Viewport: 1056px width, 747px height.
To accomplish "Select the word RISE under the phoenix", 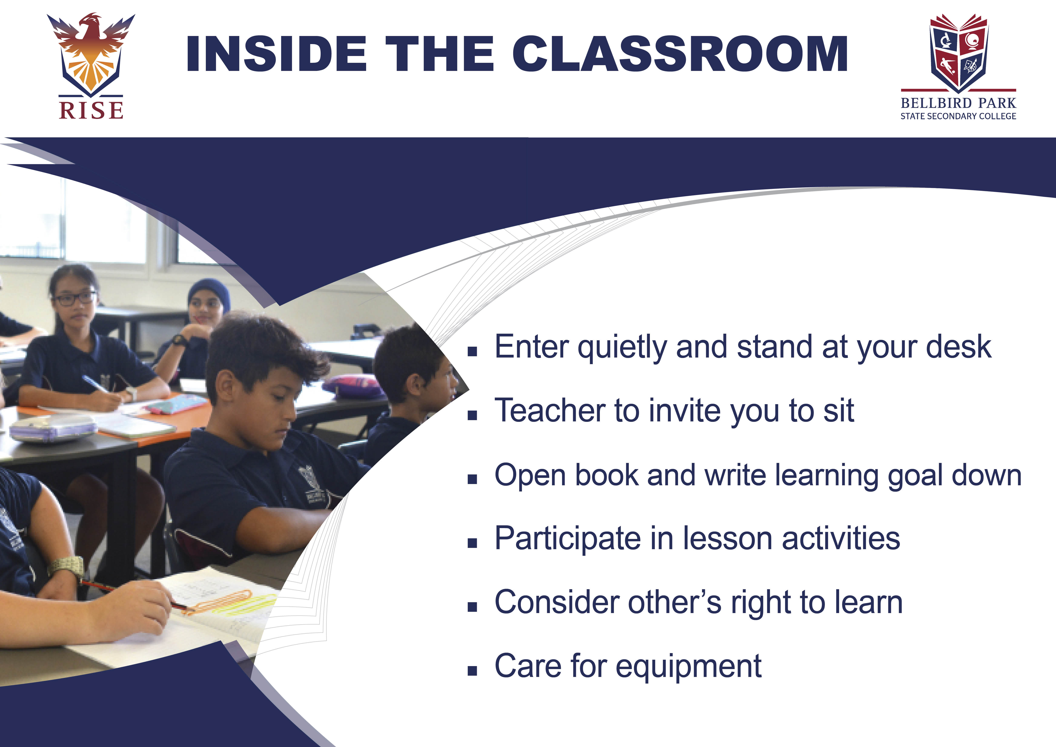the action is click(91, 110).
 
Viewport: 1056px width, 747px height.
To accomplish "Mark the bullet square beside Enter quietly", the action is click(472, 352).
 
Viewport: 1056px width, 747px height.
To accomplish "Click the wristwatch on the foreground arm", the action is click(66, 567).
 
